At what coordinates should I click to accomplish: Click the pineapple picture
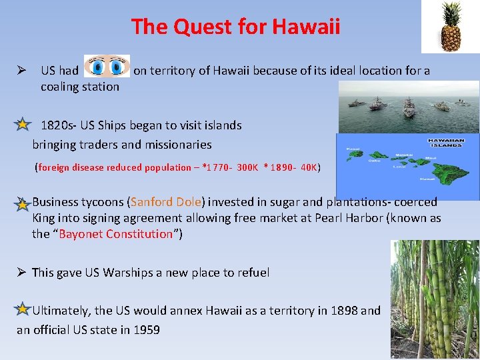[450, 27]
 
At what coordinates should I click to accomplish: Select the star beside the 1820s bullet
[23, 125]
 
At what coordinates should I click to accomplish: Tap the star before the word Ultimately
[23, 309]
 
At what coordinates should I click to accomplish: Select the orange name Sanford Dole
[166, 202]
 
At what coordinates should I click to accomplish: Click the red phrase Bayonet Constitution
[116, 234]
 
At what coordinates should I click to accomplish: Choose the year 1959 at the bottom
[147, 330]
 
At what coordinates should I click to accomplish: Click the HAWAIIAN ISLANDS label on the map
[446, 143]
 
